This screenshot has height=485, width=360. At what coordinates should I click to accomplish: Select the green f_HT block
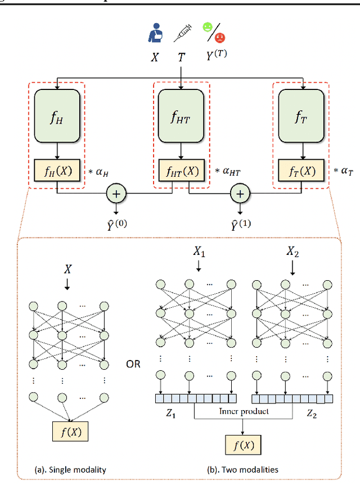[181, 116]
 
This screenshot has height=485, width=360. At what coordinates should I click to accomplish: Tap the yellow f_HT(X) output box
[181, 171]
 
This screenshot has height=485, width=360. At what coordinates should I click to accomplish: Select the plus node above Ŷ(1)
[241, 194]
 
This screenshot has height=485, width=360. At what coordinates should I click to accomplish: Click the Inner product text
[244, 411]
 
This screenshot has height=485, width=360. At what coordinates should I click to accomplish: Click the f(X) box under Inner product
[244, 446]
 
